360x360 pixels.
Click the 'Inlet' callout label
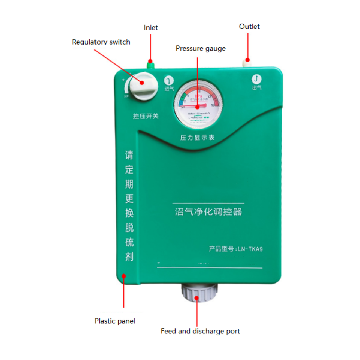[x=151, y=28]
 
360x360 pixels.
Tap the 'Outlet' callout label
[x=249, y=27]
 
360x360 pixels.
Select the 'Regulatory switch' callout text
[x=101, y=42]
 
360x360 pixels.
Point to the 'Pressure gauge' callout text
[x=201, y=48]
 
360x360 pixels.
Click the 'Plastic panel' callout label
[x=115, y=321]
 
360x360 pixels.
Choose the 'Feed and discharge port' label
[x=200, y=331]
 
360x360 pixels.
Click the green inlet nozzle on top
[x=150, y=64]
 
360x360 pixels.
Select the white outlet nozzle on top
[x=247, y=63]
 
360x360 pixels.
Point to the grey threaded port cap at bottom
[x=199, y=293]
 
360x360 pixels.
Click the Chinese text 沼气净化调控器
[x=208, y=212]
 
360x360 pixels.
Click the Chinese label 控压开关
[x=146, y=116]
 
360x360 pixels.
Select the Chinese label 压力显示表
[x=197, y=138]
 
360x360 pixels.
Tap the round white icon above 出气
[x=256, y=79]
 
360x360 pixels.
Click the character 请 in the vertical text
[x=129, y=156]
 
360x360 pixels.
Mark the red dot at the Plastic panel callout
[x=124, y=276]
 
